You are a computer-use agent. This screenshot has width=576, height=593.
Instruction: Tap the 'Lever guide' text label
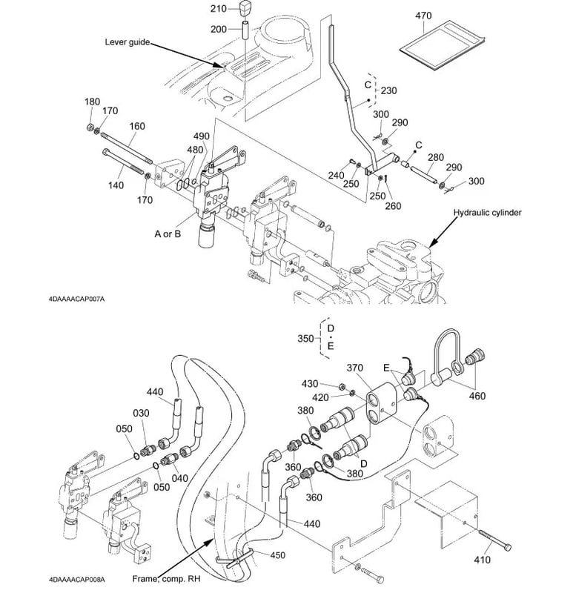[x=127, y=42]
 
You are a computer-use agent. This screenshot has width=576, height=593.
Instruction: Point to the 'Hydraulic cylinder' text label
[x=489, y=213]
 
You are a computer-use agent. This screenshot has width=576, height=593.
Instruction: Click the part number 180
[x=92, y=102]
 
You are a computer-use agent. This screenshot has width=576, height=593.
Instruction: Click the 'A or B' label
[x=169, y=233]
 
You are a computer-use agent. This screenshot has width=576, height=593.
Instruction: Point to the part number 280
[x=436, y=157]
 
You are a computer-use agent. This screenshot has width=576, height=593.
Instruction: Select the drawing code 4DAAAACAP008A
[x=76, y=580]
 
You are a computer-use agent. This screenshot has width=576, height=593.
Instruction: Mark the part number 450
[x=277, y=554]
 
